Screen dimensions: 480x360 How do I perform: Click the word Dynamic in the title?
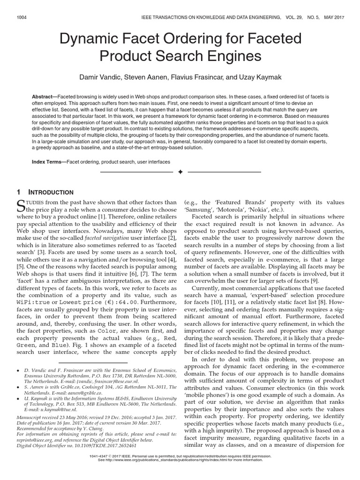point(88,39)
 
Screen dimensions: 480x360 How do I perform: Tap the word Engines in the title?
point(233,56)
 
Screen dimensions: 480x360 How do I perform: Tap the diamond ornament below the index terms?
point(180,172)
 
